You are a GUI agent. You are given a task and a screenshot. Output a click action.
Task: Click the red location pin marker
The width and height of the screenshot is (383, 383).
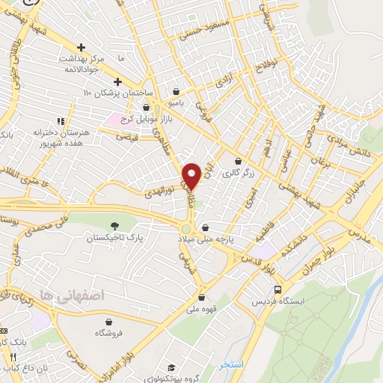point(191,176)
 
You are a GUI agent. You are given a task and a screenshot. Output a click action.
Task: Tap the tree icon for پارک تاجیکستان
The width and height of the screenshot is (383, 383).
point(114,226)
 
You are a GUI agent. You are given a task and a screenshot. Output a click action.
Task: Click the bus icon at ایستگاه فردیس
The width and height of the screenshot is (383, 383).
point(278,289)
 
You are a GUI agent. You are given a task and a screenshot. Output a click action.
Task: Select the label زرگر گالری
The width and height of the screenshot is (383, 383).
point(257,172)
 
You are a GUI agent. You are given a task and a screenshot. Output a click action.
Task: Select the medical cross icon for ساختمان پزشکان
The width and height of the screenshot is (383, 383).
point(117,82)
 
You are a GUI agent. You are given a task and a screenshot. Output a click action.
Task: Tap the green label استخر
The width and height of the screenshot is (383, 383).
point(232,364)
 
